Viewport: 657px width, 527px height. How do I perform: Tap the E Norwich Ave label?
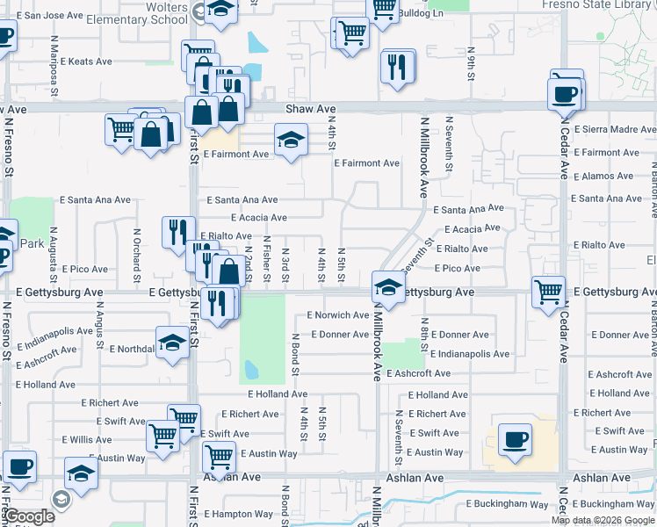tap(338, 314)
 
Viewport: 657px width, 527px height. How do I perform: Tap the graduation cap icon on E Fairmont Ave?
tap(291, 139)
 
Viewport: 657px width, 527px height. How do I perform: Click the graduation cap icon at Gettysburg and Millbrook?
tap(387, 285)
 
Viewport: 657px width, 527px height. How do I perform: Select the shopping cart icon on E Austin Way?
tap(218, 456)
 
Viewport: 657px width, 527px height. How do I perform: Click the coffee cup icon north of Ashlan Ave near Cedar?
tap(515, 439)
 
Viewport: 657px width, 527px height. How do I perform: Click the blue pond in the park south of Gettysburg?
tap(252, 371)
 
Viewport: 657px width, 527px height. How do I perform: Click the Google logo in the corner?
tap(29, 516)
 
